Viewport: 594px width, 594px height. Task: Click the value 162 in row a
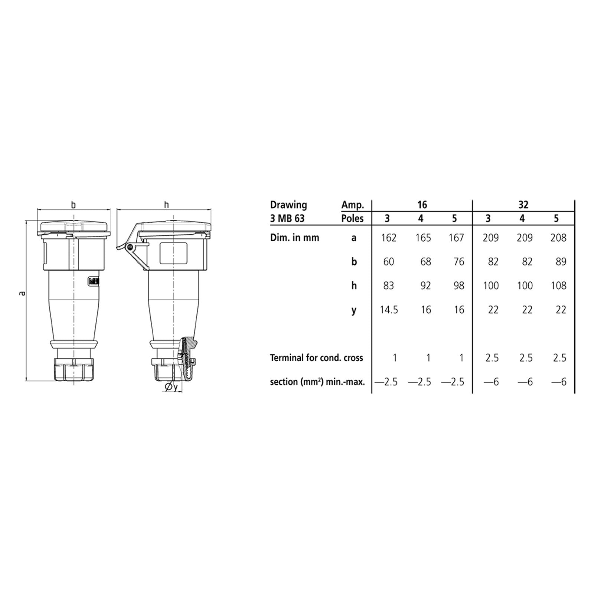[388, 238]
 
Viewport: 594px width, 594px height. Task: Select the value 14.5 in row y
[388, 310]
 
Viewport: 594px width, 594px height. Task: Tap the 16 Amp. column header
[422, 205]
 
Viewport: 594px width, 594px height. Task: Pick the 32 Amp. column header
[523, 205]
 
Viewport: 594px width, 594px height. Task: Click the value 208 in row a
[558, 238]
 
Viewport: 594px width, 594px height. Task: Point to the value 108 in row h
[558, 285]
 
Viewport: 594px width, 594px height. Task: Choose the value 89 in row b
[561, 262]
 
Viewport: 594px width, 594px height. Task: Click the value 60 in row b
[388, 262]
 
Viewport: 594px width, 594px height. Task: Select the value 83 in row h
[388, 285]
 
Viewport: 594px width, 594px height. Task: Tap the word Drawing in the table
[288, 205]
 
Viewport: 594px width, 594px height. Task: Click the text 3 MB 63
[287, 218]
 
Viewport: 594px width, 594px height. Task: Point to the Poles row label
[352, 218]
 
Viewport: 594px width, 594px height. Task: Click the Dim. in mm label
[294, 238]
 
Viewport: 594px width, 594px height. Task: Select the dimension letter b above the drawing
[74, 205]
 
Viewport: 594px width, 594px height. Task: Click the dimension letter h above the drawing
[166, 205]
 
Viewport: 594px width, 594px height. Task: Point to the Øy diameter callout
[171, 387]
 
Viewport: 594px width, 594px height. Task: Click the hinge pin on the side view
[130, 247]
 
